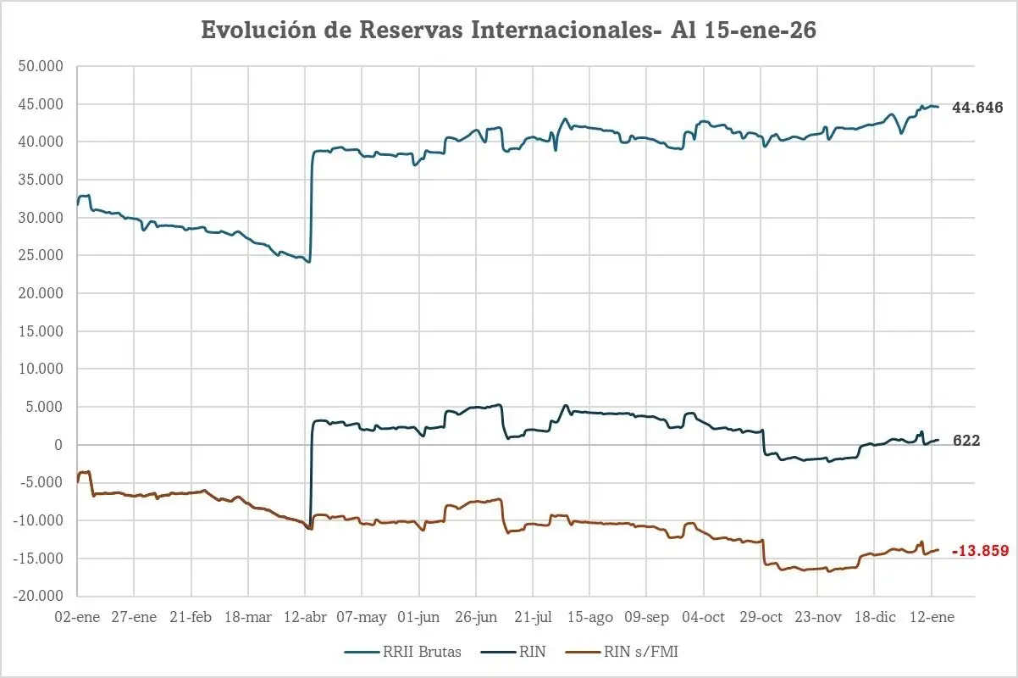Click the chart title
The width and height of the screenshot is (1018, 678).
pos(508,30)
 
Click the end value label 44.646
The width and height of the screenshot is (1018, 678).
pos(977,108)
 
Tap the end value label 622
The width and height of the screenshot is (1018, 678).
pos(966,441)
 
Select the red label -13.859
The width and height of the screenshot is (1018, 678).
pos(980,551)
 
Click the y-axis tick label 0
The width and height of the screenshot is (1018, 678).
pos(59,445)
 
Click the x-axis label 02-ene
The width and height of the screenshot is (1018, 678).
pos(77,617)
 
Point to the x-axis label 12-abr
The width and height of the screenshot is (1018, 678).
pos(305,617)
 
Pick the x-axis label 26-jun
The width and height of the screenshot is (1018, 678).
pos(476,617)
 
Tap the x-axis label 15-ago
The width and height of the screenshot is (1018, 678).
pos(589,617)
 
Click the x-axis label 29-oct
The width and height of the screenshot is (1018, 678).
pos(760,617)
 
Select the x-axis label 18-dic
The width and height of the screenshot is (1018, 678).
pos(874,617)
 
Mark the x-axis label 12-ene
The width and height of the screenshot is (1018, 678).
pos(932,617)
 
